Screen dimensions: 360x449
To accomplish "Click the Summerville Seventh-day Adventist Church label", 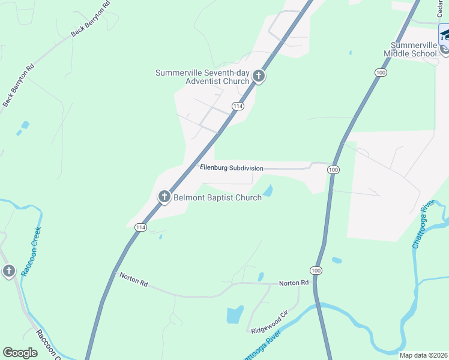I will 202,77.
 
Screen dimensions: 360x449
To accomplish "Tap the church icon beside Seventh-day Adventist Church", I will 259,76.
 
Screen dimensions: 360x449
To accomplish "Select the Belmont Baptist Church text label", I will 217,197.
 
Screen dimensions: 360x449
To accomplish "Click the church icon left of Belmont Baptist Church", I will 164,196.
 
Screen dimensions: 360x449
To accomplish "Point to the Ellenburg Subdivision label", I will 231,169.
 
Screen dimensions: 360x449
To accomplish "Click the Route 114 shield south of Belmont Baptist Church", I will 140,227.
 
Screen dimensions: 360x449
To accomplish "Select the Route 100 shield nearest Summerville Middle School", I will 381,72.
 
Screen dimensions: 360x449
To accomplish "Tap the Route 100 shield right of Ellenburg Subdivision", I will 334,170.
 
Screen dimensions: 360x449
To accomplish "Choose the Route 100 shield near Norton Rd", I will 316,271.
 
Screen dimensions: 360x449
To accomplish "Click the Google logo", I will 20,353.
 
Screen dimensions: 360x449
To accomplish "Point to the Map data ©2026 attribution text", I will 423,355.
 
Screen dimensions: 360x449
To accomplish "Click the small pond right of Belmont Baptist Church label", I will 268,191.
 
